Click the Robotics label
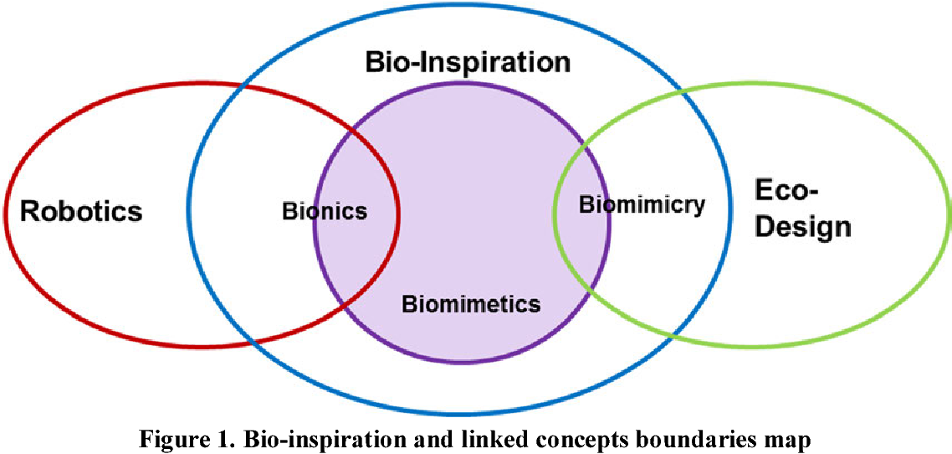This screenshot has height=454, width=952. pyautogui.click(x=81, y=211)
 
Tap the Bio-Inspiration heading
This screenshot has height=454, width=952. pyautogui.click(x=468, y=63)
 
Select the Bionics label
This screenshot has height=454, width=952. pyautogui.click(x=325, y=211)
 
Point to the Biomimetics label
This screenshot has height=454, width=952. pyautogui.click(x=471, y=303)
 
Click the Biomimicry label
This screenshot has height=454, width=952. pyautogui.click(x=642, y=204)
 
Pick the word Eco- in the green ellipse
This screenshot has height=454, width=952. pyautogui.click(x=786, y=190)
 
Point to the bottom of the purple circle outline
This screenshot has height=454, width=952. pyautogui.click(x=462, y=362)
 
